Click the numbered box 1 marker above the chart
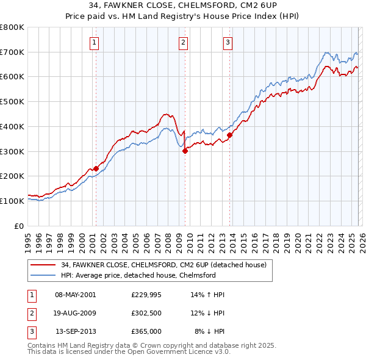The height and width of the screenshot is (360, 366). [x=95, y=42]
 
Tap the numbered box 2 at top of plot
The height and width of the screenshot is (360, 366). [x=184, y=42]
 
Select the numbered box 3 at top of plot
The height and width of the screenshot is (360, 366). [x=228, y=42]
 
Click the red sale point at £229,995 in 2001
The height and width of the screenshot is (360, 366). [x=96, y=168]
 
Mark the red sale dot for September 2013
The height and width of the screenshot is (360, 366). [x=230, y=135]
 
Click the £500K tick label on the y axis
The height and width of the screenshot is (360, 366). [x=12, y=102]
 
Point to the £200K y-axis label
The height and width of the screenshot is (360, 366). [x=12, y=176]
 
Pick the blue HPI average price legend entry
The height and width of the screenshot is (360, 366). [x=138, y=276]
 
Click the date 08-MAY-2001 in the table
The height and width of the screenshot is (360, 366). [x=76, y=295]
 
